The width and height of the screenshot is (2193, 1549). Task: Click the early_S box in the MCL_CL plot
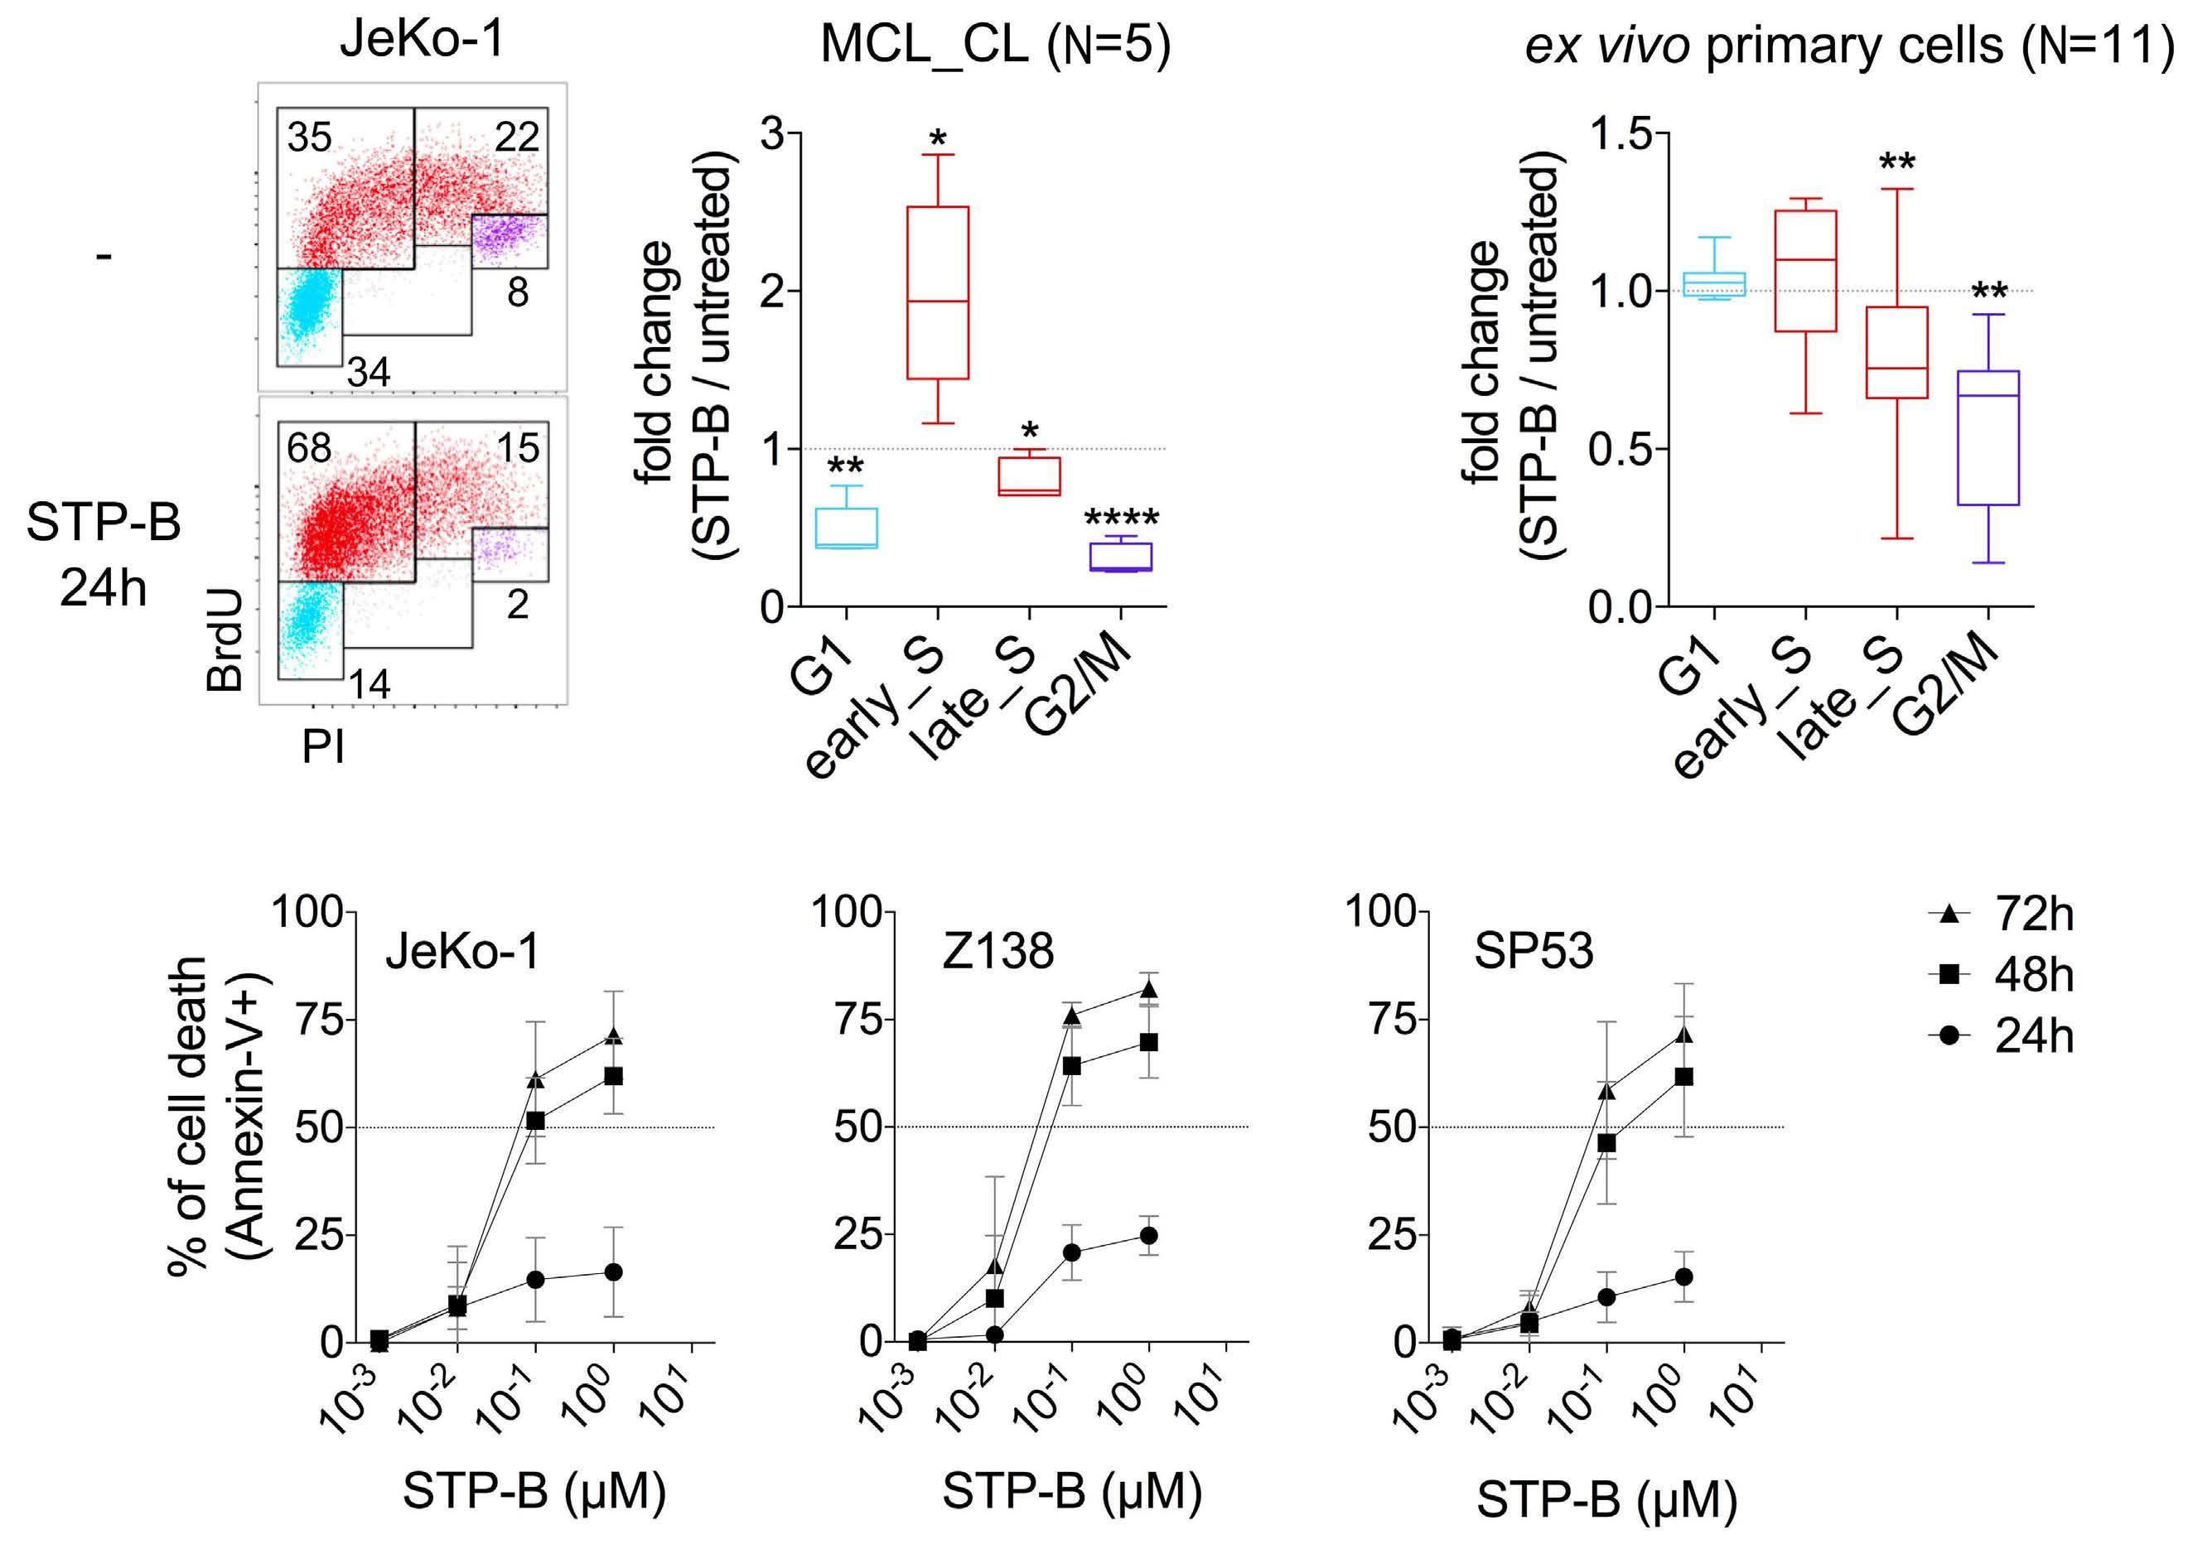tap(937, 292)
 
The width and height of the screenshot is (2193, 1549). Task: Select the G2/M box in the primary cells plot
tap(1988, 437)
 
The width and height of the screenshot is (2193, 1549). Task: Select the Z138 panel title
tap(997, 952)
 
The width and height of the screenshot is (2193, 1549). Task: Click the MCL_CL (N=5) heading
tap(994, 45)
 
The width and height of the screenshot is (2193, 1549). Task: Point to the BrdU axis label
tap(226, 639)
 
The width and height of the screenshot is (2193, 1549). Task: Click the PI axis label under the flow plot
tap(323, 747)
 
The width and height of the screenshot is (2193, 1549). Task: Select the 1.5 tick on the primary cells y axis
tap(1621, 133)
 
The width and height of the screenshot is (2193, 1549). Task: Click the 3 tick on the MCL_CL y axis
tap(774, 133)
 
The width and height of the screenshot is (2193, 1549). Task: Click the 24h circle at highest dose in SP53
tap(1684, 1276)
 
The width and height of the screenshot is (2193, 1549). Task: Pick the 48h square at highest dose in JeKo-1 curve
tap(613, 1076)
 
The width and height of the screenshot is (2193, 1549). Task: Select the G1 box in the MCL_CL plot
tap(846, 528)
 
